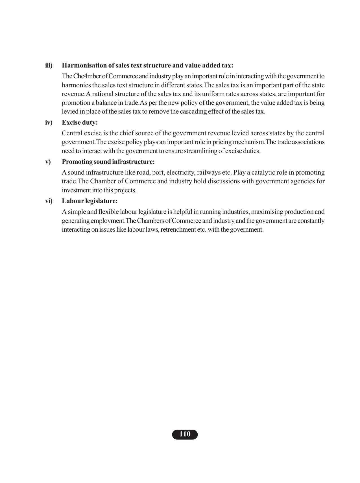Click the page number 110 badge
coord(185,434)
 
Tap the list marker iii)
coord(49,66)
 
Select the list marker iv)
coord(49,123)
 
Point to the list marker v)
coord(48,162)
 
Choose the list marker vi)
coord(49,201)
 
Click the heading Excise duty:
coord(80,123)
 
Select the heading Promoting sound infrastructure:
coord(108,162)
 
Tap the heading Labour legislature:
coord(90,201)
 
